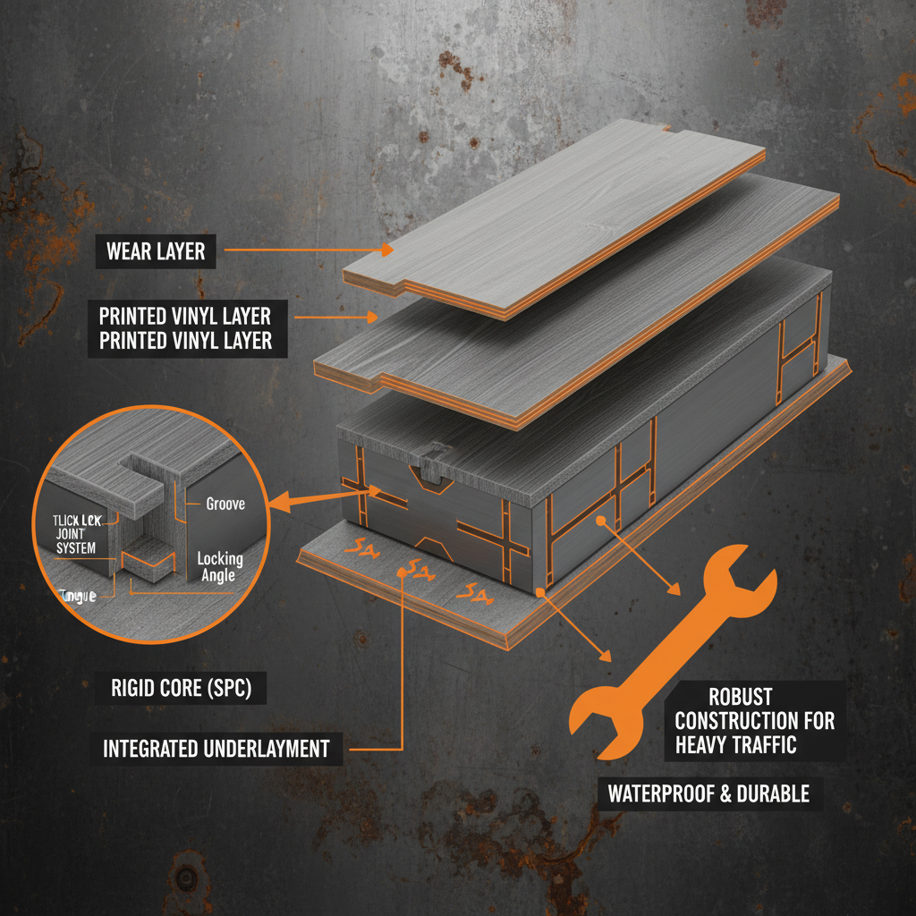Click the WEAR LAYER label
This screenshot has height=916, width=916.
pos(156,251)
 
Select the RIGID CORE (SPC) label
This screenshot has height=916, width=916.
pos(176,690)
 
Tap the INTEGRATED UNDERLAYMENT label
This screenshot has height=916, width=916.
pos(216,748)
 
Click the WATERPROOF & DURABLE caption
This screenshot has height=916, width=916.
pos(708,793)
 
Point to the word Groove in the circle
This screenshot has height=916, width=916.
pos(225,504)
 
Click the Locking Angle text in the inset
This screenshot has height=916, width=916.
pos(220,567)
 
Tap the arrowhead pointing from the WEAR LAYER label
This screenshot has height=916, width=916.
pos(386,251)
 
